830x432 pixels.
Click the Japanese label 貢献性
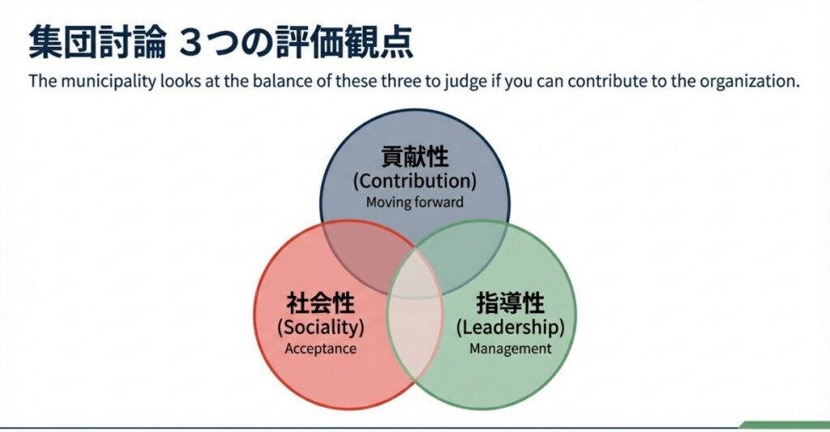tap(414, 156)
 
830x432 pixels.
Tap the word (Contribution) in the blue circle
tap(414, 180)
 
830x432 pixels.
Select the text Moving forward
tap(414, 202)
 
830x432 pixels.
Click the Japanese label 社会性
tap(321, 304)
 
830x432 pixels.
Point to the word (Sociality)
tap(321, 327)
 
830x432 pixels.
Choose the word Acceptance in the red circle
tap(321, 349)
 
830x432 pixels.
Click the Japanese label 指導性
tap(510, 304)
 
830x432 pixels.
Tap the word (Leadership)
tap(510, 327)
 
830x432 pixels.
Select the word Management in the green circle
tap(510, 349)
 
